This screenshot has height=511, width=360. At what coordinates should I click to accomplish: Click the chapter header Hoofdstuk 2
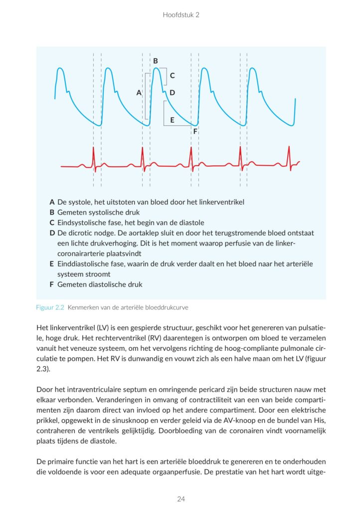[x=180, y=15]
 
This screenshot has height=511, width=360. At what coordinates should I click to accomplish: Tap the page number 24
[x=180, y=499]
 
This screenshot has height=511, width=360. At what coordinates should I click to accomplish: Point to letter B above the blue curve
[x=156, y=61]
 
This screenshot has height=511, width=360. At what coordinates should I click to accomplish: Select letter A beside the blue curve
[x=139, y=92]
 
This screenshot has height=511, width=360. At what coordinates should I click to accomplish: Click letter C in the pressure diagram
[x=172, y=76]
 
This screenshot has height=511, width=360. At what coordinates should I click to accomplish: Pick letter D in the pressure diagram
[x=172, y=92]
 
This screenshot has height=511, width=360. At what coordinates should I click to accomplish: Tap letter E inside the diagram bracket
[x=172, y=120]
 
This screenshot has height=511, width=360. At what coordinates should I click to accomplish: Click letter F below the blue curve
[x=195, y=131]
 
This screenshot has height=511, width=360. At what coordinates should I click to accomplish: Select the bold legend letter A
[x=52, y=203]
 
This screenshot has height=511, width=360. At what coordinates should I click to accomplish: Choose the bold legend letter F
[x=52, y=284]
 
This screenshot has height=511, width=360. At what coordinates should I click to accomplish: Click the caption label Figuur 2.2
[x=50, y=307]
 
